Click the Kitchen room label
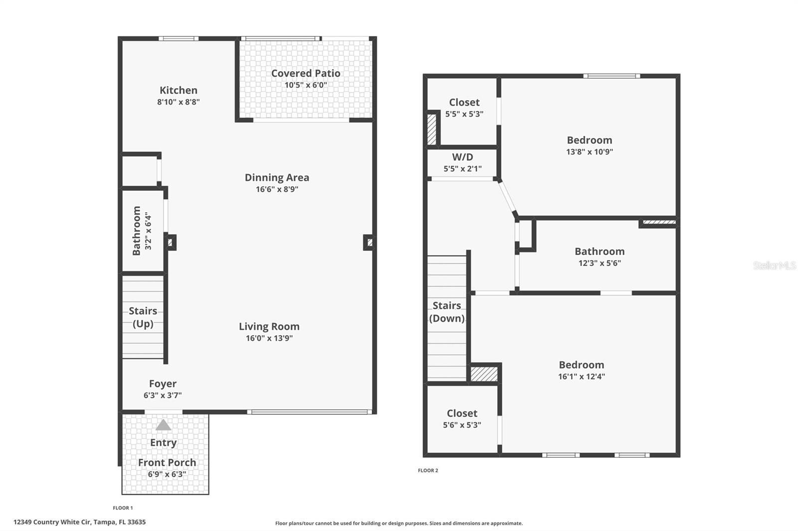(178, 90)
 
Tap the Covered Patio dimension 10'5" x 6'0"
(306, 85)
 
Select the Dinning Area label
(277, 177)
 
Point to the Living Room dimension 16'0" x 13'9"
(269, 338)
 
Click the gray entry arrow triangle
(163, 425)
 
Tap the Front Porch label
(167, 462)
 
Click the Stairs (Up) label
(143, 317)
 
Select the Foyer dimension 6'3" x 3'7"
(162, 396)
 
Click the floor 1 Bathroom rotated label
(136, 231)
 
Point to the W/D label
(462, 157)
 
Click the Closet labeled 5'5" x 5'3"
(464, 102)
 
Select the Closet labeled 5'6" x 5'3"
(462, 413)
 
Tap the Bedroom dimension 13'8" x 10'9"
(589, 152)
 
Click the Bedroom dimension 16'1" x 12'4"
(581, 377)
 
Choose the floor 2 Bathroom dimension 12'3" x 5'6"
(599, 263)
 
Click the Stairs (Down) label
(447, 312)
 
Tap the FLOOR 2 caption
(428, 470)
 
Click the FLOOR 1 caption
(123, 508)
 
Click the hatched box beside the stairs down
(484, 374)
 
